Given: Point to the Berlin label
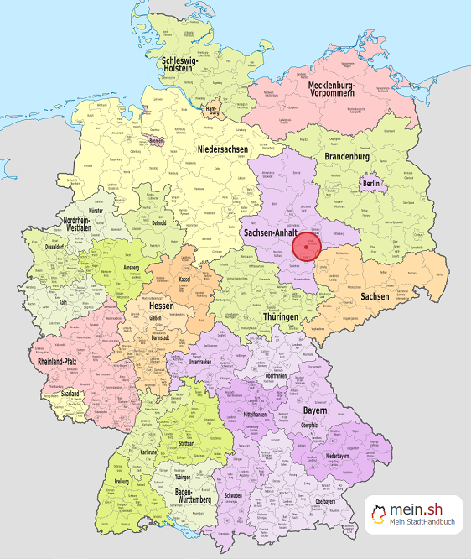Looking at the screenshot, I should (x=372, y=185).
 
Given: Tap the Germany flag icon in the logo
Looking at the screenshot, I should (x=380, y=514).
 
